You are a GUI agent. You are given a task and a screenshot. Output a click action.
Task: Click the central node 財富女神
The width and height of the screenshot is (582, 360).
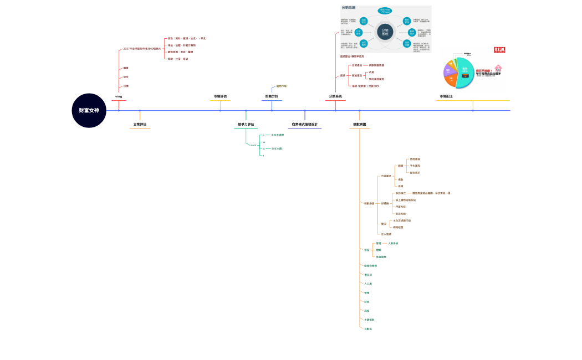(x=89, y=110)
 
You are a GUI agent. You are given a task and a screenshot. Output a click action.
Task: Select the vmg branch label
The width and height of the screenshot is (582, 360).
(x=119, y=96)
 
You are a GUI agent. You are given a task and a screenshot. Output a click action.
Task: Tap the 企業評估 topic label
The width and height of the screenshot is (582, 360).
(x=140, y=124)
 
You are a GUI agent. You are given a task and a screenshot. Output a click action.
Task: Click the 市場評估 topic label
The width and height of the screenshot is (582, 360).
(x=220, y=96)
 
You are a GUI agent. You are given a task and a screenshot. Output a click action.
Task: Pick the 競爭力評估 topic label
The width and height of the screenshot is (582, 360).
(x=246, y=124)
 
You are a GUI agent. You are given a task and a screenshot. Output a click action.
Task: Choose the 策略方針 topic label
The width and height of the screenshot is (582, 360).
(x=272, y=96)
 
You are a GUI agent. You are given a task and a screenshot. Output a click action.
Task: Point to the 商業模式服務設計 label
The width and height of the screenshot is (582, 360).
(x=304, y=124)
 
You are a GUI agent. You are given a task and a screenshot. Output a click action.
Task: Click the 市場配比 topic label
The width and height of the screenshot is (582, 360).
(x=446, y=96)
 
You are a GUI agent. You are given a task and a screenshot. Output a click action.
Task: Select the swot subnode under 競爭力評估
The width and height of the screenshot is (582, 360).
(x=253, y=145)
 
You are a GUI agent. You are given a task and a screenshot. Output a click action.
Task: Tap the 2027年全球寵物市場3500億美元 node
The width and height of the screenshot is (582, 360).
(x=142, y=49)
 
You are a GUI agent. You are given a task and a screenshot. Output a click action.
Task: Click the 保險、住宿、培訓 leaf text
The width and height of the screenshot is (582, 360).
(x=178, y=59)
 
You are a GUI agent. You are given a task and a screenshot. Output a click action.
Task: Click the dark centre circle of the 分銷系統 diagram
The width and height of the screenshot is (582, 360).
(x=385, y=32)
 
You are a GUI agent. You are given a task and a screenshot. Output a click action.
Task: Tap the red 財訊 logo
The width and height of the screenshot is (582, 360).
(x=499, y=50)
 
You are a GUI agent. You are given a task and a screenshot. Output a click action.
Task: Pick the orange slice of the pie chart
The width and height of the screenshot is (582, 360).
(x=451, y=80)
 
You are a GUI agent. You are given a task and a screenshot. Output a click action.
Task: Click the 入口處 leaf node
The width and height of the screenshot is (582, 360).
(x=368, y=284)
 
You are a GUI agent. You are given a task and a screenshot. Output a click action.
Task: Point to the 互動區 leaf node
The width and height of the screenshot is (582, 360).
(x=368, y=329)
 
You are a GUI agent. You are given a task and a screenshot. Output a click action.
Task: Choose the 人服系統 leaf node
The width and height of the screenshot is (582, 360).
(x=393, y=243)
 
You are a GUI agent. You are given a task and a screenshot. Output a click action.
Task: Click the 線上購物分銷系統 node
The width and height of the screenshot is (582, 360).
(x=405, y=200)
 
